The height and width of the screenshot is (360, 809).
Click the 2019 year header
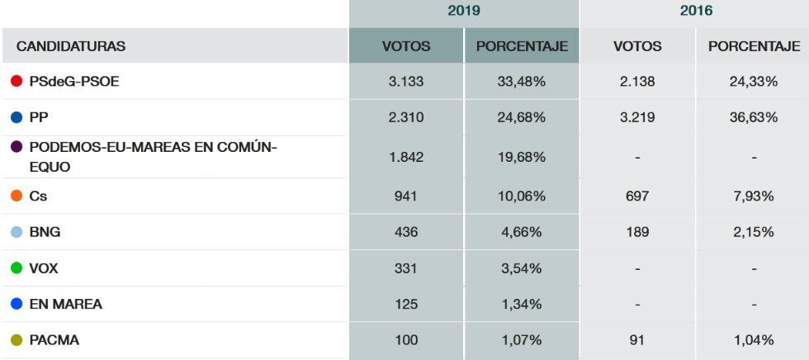point(463,11)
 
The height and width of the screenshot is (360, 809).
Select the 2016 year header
point(695,11)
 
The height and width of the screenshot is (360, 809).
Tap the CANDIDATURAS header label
point(71,46)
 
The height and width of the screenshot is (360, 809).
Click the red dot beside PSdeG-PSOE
point(16,81)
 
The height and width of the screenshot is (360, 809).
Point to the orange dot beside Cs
point(16,197)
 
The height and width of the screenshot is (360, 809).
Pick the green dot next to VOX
point(16,268)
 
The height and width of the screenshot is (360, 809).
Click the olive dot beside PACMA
point(16,340)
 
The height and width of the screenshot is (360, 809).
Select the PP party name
point(39,117)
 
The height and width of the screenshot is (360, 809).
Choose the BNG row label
point(45,232)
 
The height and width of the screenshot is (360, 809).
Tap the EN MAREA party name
point(65,304)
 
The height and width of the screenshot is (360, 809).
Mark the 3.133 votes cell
point(405,81)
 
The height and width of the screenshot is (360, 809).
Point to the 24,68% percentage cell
point(521,117)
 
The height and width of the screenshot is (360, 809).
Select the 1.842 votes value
point(405,157)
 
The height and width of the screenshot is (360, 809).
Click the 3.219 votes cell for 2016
point(636,117)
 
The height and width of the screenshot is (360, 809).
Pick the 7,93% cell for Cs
point(753,197)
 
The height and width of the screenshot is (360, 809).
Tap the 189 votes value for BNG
point(636,232)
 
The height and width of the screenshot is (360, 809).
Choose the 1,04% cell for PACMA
point(753,340)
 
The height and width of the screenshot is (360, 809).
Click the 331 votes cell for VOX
point(405,268)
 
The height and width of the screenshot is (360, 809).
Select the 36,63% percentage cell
point(753,117)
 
